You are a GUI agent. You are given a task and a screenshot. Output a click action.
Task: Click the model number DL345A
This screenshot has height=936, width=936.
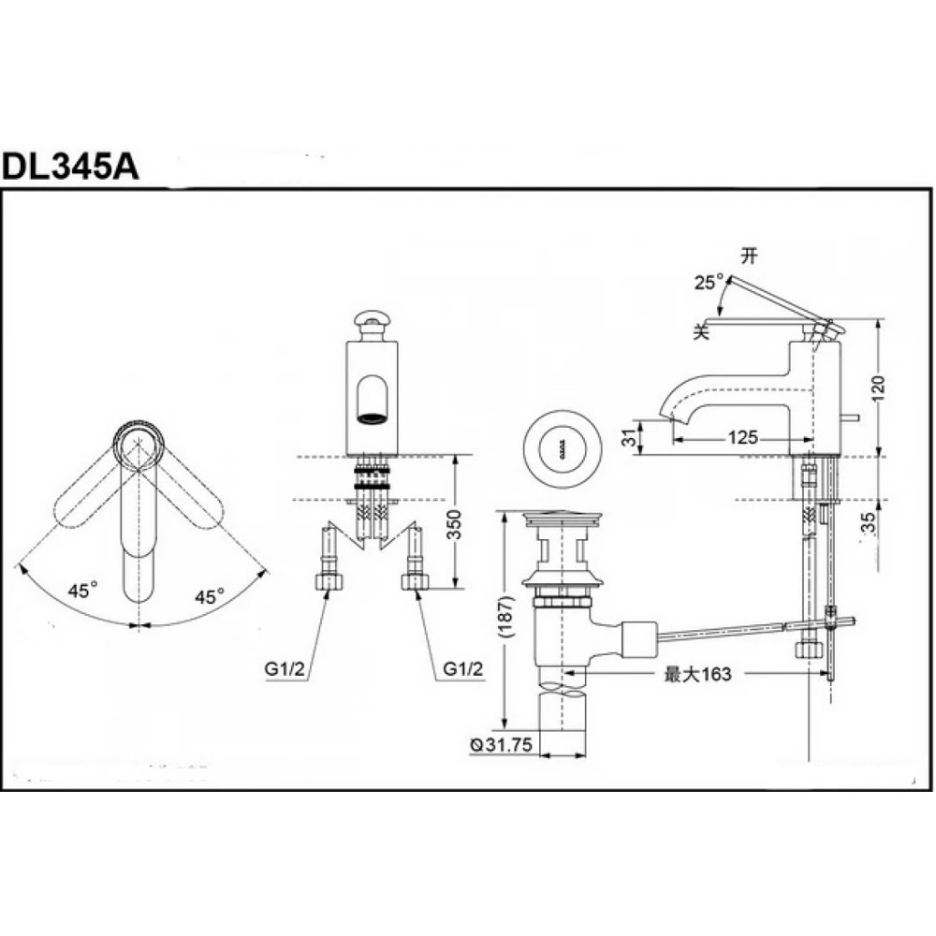point(70,167)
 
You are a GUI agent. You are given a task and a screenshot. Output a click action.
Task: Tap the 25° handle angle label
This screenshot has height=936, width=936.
point(709,282)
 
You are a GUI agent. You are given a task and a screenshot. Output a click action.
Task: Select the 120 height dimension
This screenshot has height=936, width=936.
point(879,388)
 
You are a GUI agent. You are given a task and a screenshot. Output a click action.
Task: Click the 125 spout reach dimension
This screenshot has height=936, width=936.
point(742,437)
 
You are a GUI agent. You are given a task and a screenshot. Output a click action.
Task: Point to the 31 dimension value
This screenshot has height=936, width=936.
point(629,437)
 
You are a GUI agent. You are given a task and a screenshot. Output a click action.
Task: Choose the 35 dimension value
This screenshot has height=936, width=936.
point(870,522)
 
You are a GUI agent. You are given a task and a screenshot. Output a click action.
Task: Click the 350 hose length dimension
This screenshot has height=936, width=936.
point(455,524)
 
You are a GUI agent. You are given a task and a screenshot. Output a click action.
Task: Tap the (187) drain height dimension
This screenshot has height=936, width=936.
point(506,617)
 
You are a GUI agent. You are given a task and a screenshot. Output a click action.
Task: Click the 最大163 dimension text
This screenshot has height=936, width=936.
point(697,674)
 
